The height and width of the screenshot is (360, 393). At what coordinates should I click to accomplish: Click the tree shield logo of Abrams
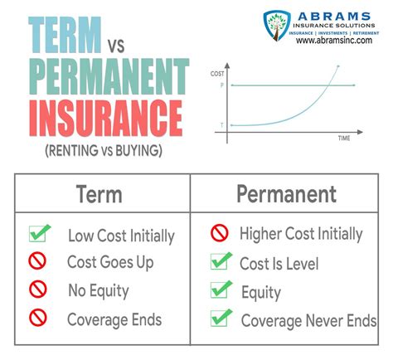[277, 26]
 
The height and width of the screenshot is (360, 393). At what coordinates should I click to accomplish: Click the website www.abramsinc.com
[334, 41]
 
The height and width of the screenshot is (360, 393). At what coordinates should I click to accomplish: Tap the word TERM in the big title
[65, 35]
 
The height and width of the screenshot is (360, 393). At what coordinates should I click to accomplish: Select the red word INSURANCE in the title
[106, 118]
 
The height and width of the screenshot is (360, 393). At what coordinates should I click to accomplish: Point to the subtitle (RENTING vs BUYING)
[104, 151]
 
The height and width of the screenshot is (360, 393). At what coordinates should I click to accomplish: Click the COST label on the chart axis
[217, 74]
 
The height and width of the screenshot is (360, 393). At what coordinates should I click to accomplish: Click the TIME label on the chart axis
[344, 138]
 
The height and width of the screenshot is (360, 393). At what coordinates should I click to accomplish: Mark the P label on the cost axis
[222, 85]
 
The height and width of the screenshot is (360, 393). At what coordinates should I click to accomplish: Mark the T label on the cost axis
[222, 125]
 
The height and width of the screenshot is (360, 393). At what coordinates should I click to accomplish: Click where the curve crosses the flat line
[327, 85]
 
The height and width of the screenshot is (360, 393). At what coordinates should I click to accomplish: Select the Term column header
[99, 194]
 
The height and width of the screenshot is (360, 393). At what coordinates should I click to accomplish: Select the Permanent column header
[286, 194]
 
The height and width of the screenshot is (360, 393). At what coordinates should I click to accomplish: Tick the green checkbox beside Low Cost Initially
[40, 233]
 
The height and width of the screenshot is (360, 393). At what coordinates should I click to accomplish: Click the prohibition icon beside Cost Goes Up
[37, 261]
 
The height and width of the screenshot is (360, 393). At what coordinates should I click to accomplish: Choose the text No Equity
[99, 291]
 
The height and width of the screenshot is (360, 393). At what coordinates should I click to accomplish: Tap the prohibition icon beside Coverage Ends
[38, 318]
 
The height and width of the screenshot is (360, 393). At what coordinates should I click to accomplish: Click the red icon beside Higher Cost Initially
[220, 233]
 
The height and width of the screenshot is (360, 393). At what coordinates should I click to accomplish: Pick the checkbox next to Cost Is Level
[221, 260]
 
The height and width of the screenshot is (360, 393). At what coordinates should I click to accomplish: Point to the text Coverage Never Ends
[308, 321]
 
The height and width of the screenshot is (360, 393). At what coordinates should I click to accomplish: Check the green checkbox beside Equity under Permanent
[221, 289]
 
